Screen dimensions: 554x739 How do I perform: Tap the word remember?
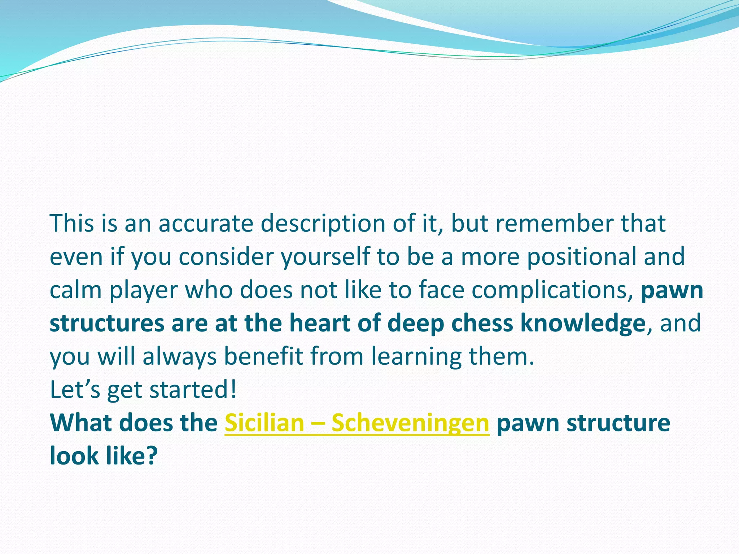coord(555,224)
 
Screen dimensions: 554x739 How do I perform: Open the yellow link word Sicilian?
coord(264,423)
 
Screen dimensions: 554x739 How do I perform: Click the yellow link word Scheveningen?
coord(410,423)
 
